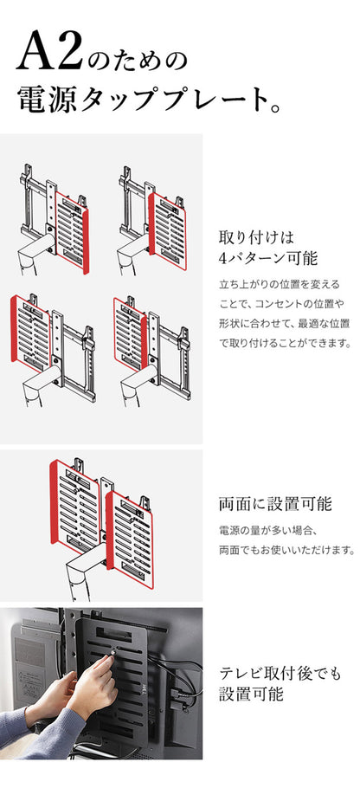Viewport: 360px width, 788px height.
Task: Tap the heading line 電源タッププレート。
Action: (148, 100)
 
